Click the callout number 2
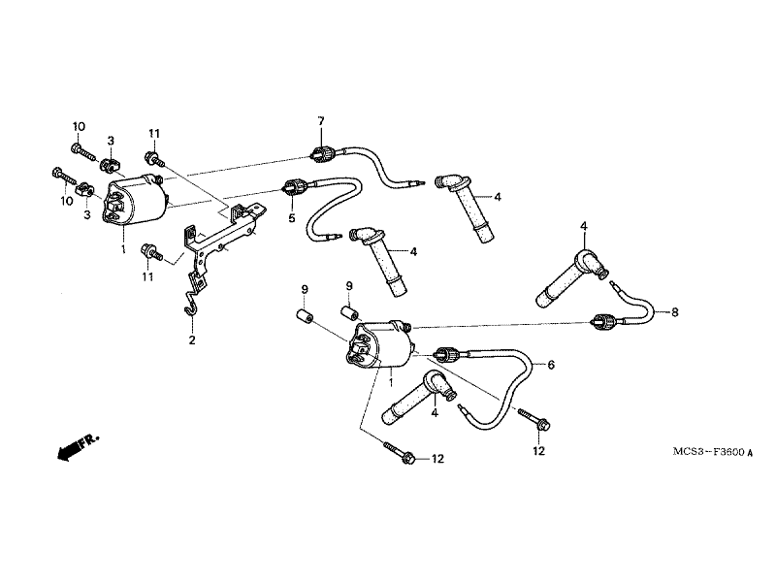pyautogui.click(x=191, y=340)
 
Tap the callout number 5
pyautogui.click(x=292, y=217)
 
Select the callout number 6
pyautogui.click(x=551, y=365)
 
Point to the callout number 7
pyautogui.click(x=321, y=120)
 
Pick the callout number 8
pyautogui.click(x=674, y=312)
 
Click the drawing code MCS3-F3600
pyautogui.click(x=709, y=452)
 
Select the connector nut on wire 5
pyautogui.click(x=294, y=187)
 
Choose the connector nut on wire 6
pyautogui.click(x=445, y=354)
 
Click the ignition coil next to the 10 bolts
pyautogui.click(x=135, y=201)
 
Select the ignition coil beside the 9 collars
pyautogui.click(x=380, y=345)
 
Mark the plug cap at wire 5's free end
pyautogui.click(x=379, y=260)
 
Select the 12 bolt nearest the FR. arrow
pyautogui.click(x=400, y=453)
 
